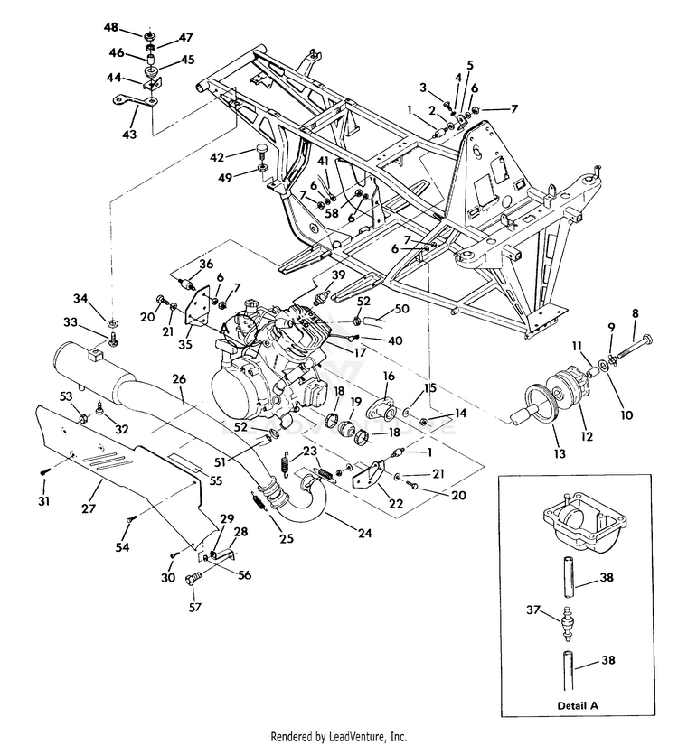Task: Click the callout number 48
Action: tap(111, 28)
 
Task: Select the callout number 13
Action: tap(560, 453)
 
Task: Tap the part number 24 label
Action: tap(364, 533)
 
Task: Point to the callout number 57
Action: tap(195, 607)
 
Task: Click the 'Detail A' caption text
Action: tap(578, 705)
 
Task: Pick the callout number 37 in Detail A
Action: tap(533, 609)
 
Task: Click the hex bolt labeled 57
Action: tap(193, 579)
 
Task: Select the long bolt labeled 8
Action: tap(634, 349)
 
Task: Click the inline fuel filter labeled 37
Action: tap(568, 620)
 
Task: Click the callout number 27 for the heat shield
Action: tap(89, 508)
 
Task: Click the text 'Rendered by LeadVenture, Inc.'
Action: tap(339, 737)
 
